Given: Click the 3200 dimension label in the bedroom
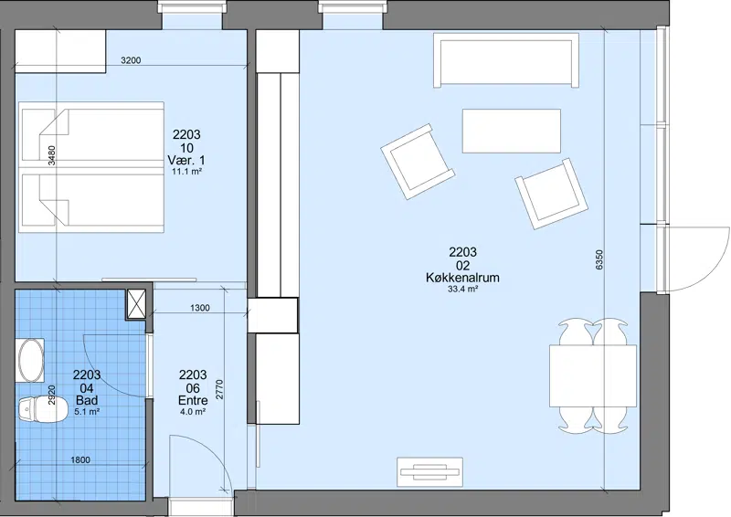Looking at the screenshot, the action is click(131, 60).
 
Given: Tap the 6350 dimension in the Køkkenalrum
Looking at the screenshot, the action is click(599, 260).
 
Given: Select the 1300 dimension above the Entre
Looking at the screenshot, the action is click(199, 308).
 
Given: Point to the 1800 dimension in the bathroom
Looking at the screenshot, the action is click(80, 460).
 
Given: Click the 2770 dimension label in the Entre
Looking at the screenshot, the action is click(219, 390).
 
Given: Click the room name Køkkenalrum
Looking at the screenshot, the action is click(462, 278).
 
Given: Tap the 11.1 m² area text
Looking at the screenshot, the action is click(186, 172).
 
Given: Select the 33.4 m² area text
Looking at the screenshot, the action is click(462, 289).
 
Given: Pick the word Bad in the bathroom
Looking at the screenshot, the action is click(87, 400).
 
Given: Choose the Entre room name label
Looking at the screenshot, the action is click(193, 400).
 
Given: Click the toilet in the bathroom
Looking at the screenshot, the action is click(41, 410).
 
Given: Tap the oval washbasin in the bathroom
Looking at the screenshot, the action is click(31, 361).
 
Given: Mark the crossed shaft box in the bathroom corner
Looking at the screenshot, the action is click(136, 304).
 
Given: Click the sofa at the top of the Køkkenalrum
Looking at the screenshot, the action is click(506, 60).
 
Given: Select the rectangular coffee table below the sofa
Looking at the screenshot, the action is click(512, 131).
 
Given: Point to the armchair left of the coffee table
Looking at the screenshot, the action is click(418, 162).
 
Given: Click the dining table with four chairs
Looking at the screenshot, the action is click(592, 376).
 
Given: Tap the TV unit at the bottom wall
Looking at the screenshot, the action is click(429, 472).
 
